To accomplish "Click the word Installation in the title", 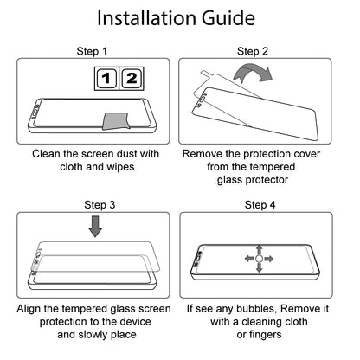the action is click(147, 18).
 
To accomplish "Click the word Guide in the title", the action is click(228, 18).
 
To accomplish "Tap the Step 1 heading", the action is click(92, 51).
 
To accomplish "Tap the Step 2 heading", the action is click(253, 51).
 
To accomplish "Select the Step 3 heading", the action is click(100, 205).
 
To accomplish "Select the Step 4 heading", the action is click(260, 205).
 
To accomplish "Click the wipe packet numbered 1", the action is click(106, 79).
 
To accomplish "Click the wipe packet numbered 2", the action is click(132, 79).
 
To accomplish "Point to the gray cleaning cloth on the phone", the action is click(116, 121).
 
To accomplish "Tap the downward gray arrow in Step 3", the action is click(95, 227).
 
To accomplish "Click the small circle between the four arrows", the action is click(259, 259).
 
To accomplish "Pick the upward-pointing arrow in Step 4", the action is click(260, 250).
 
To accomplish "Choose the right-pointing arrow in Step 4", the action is click(268, 259).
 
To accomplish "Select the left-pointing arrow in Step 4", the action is click(250, 259).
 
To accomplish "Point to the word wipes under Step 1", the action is click(120, 167).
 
